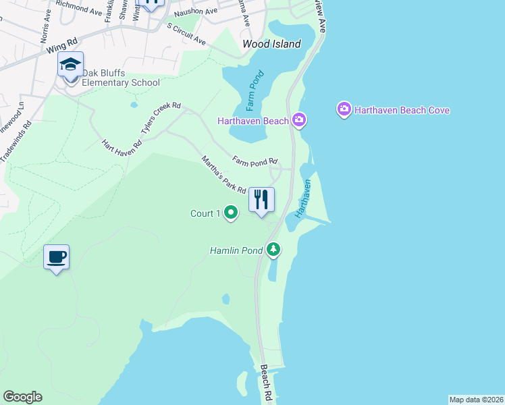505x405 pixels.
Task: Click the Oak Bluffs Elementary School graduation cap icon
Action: pyautogui.click(x=70, y=65)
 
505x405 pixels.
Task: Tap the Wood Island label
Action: pyautogui.click(x=271, y=45)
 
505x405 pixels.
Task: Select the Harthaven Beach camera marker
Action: pyautogui.click(x=299, y=121)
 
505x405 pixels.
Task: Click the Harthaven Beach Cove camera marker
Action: pyautogui.click(x=344, y=109)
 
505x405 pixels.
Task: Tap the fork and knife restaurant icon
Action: pyautogui.click(x=261, y=200)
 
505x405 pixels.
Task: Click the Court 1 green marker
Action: pyautogui.click(x=231, y=213)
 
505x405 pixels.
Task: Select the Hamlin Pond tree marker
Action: pyautogui.click(x=273, y=250)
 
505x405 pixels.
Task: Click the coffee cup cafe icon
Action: pyautogui.click(x=57, y=257)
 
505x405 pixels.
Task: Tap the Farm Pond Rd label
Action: pyautogui.click(x=255, y=161)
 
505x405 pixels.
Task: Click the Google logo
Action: pyautogui.click(x=22, y=397)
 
